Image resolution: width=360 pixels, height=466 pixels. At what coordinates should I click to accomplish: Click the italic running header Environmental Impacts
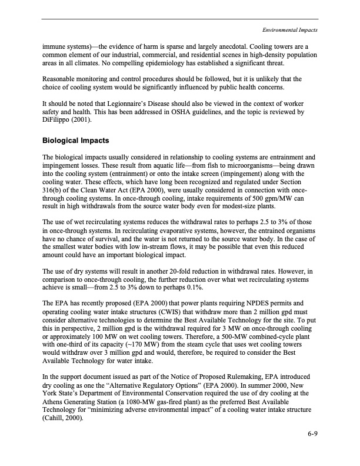(289, 29)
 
